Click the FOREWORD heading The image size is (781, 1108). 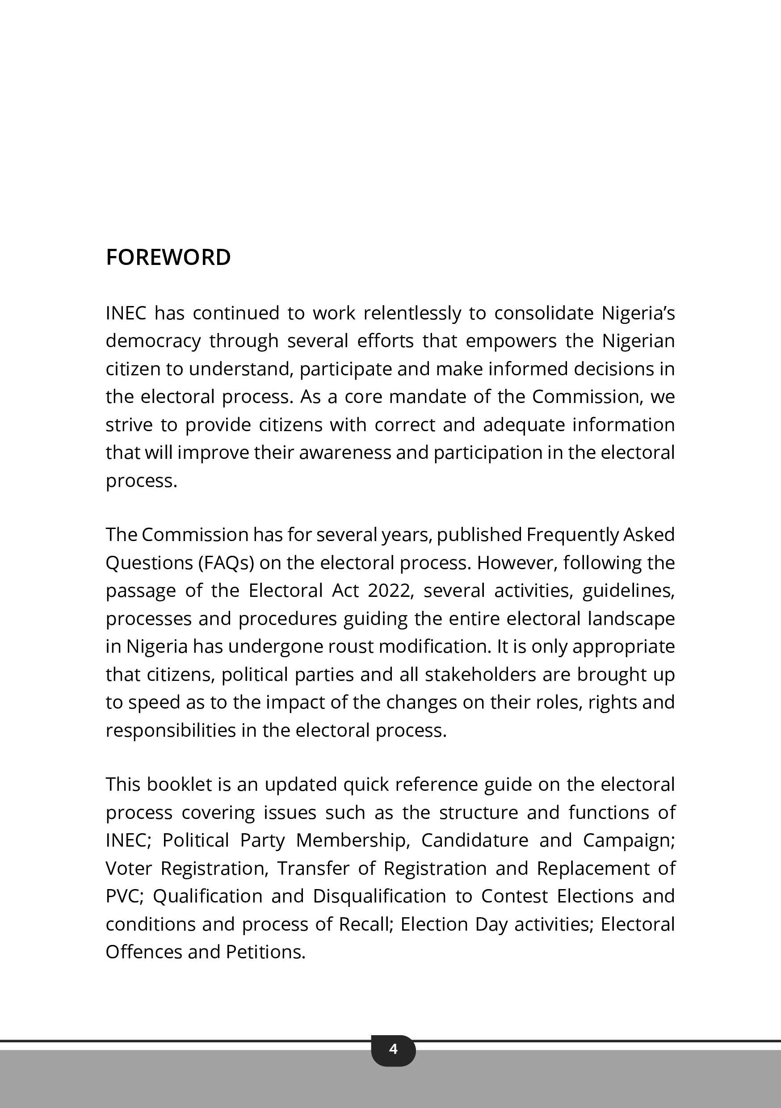coord(168,257)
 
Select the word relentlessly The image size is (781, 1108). coord(412,313)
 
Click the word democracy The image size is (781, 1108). coord(153,341)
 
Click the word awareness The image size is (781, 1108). coord(344,453)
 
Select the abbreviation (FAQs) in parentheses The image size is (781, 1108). coord(227,562)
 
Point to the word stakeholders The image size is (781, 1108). coord(480,675)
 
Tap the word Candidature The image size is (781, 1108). coord(474,841)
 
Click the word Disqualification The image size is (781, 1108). coord(379,897)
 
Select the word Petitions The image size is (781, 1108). coord(265,952)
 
